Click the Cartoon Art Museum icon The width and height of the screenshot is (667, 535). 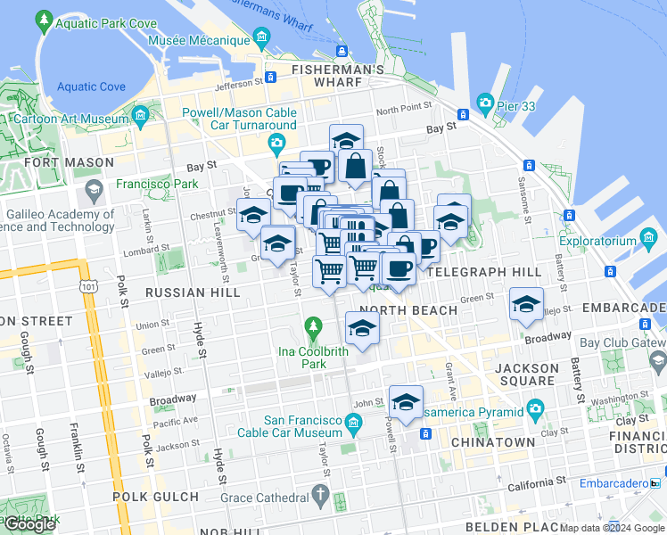click(x=140, y=115)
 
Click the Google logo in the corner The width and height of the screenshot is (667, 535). click(x=29, y=523)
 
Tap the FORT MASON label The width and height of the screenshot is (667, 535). click(x=70, y=162)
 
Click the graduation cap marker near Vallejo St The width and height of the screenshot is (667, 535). click(x=526, y=305)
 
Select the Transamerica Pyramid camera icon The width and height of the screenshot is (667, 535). click(x=535, y=410)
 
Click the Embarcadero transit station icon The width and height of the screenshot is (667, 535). click(x=655, y=484)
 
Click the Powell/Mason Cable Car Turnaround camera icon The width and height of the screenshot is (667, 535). click(x=277, y=143)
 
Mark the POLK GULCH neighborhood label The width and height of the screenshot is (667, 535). click(x=155, y=496)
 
